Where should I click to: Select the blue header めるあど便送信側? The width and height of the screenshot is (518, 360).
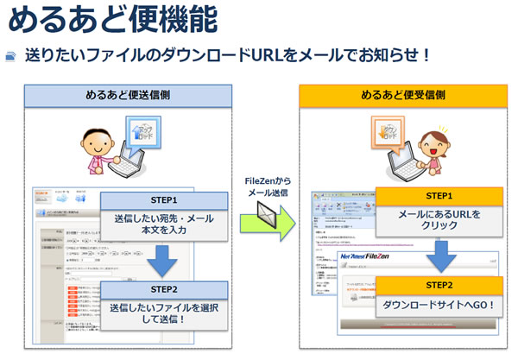pos(127,95)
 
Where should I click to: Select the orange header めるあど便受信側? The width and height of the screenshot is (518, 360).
pos(404,95)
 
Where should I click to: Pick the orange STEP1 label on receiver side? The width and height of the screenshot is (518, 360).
pos(439,196)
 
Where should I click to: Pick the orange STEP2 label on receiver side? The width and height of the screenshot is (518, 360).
pos(439,286)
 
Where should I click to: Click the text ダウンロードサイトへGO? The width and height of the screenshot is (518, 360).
pos(439,305)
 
